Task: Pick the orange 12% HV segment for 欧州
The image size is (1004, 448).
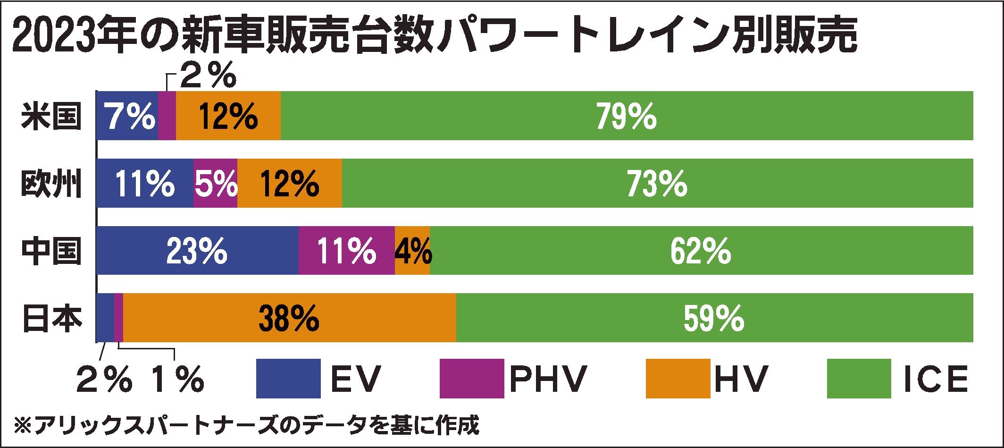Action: (290, 184)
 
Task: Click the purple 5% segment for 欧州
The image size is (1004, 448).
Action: (216, 184)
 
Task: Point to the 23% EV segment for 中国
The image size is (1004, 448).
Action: (197, 251)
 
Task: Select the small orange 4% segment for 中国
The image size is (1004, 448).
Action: (412, 251)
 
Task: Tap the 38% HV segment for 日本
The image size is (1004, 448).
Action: (289, 318)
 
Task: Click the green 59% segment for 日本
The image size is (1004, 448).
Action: (714, 318)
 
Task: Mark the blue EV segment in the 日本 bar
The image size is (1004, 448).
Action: (105, 318)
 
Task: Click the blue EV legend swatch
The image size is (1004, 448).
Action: (288, 379)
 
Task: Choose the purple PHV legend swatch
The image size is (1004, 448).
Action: (471, 379)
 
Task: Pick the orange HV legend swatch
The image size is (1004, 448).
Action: (678, 379)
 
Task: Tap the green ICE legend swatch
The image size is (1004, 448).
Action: (859, 379)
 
